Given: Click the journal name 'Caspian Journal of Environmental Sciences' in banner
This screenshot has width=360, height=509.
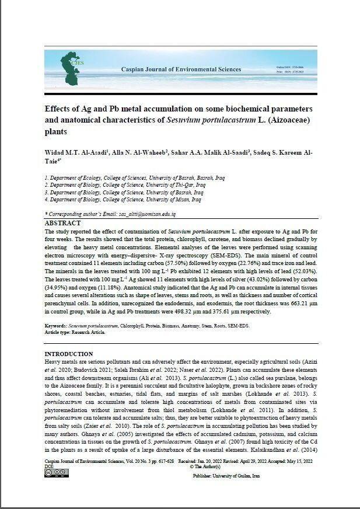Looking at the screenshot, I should click(176, 69).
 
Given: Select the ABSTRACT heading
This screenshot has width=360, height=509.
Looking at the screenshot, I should click(62, 223).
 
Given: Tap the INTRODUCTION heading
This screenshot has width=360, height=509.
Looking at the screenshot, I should click(69, 354).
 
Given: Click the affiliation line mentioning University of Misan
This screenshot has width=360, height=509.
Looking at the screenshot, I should click(123, 199).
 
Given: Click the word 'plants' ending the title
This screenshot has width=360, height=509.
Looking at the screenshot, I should click(56, 132).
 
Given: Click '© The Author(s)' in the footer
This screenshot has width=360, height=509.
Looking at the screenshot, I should click(205, 467).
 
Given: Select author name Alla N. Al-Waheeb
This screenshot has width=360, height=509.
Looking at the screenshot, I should click(141, 153).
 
